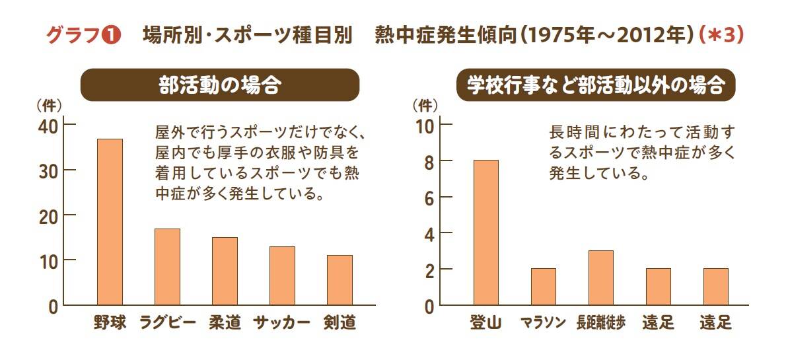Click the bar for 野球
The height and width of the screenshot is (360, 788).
pos(110,222)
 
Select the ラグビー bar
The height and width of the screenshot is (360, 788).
pos(167,267)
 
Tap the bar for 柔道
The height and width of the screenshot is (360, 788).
pos(225,271)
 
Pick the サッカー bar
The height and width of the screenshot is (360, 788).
pos(282,275)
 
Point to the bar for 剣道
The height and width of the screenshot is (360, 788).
pos(340,280)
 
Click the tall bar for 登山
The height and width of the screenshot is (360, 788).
pos(485,233)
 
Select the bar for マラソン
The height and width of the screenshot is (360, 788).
pos(543,287)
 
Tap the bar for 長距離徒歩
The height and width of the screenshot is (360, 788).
pos(600,278)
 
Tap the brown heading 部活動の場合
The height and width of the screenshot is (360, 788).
pos(220,86)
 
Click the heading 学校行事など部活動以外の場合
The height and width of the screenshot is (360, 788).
pos(596,86)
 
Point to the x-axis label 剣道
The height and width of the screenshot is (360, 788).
pos(340,323)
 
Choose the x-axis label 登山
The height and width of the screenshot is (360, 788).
pos(485,323)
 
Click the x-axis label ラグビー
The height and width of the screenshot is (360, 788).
pos(167,323)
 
